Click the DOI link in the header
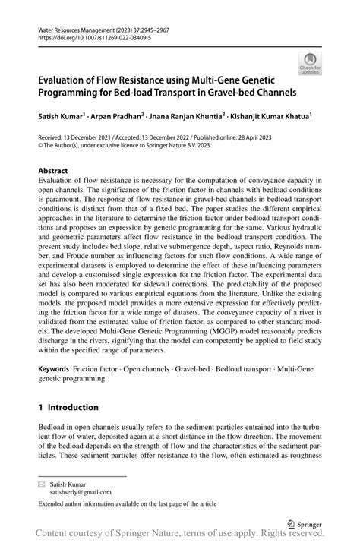[87, 37]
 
